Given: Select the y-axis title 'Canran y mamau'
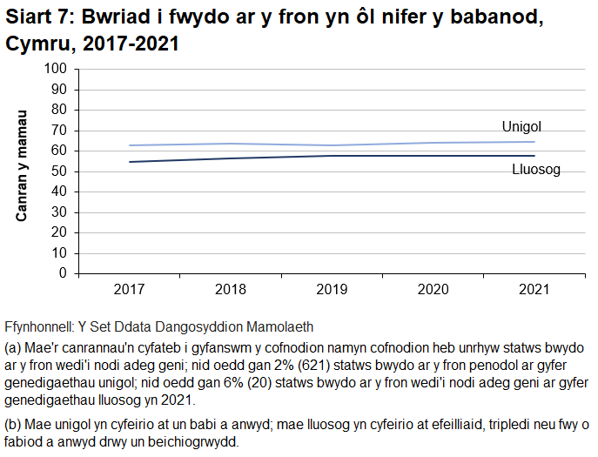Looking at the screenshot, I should [x=24, y=165].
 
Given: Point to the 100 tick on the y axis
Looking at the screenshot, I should [x=56, y=69].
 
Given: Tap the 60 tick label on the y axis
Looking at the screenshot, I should [x=59, y=151].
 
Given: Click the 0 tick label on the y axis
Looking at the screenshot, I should [x=63, y=273].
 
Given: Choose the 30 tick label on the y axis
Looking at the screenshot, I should [x=59, y=212].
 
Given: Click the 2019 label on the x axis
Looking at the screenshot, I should [x=331, y=289].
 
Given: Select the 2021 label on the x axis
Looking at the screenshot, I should [x=534, y=289].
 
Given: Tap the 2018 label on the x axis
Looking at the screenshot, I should [x=229, y=289].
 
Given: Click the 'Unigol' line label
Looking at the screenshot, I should [x=521, y=127].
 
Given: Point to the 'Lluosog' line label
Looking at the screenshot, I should [x=535, y=170].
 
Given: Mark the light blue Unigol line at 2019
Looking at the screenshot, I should [x=331, y=145].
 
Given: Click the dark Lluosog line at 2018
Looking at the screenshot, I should [x=229, y=158].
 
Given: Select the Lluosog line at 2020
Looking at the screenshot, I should [x=433, y=156].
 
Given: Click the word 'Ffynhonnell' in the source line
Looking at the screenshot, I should [x=38, y=326].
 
